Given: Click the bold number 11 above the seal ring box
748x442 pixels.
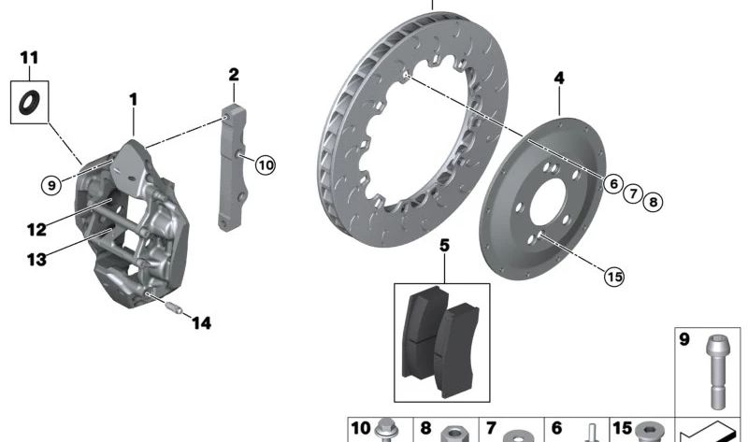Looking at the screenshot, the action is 29,58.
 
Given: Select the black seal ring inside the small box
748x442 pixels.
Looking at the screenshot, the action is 29,103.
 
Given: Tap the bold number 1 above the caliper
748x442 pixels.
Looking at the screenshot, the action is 134,100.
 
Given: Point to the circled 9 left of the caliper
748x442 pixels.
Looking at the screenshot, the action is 51,184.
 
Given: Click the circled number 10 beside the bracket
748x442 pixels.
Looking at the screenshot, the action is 266,165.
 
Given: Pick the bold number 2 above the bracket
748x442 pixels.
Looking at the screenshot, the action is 233,75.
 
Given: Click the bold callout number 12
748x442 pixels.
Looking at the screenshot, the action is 36,230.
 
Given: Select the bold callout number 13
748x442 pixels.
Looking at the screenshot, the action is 36,260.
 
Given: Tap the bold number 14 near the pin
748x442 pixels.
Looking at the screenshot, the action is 201,323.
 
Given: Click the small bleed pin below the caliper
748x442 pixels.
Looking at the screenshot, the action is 174,307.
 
